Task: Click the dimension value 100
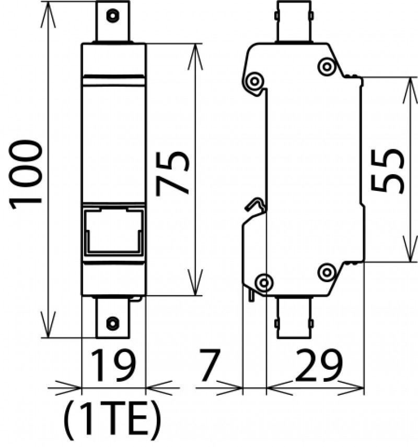[x=26, y=174]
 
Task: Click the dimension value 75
[x=172, y=173]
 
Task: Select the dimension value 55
[x=387, y=170]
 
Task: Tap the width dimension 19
[x=113, y=365]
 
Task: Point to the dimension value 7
[x=210, y=365]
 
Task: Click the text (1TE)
[x=112, y=422]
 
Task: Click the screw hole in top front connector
[x=112, y=16]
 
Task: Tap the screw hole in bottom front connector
[x=112, y=323]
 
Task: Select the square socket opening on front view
[x=113, y=231]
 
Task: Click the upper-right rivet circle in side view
[x=327, y=67]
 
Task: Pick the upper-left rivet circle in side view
[x=254, y=81]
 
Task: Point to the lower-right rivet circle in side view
[x=327, y=273]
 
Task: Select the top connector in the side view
[x=294, y=22]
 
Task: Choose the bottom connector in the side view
[x=294, y=317]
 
